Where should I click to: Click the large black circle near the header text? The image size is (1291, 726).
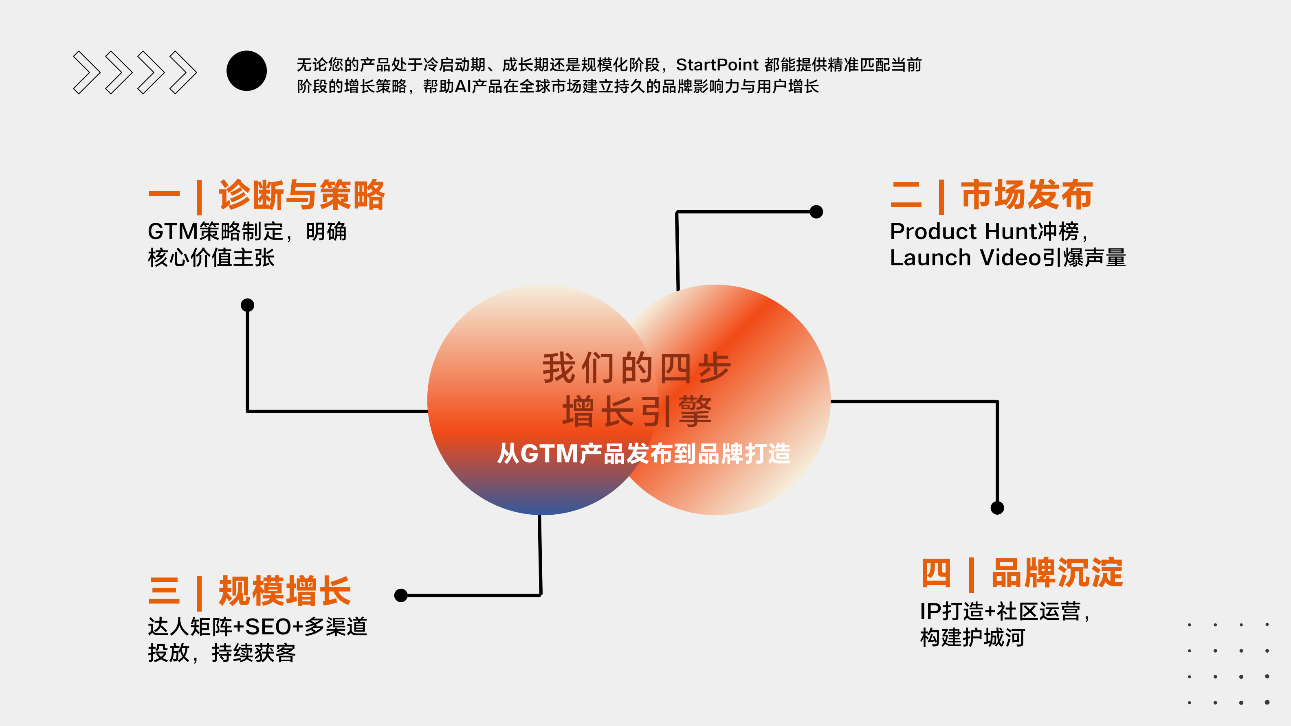tap(246, 71)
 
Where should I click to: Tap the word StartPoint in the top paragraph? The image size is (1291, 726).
tap(717, 65)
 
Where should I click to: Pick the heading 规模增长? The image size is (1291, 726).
tap(285, 591)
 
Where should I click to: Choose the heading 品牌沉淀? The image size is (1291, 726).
tap(1058, 572)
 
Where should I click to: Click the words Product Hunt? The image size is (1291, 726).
tap(962, 231)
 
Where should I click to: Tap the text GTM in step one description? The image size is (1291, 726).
tap(173, 231)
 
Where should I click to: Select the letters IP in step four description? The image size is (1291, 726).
tap(930, 611)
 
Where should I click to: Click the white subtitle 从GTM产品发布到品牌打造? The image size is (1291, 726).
tap(644, 454)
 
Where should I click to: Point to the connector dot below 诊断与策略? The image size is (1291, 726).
tap(248, 305)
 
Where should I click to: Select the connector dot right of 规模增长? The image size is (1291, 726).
tap(401, 595)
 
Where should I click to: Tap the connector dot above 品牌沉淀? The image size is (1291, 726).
tap(997, 508)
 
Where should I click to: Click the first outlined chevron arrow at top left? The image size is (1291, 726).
tap(86, 72)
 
